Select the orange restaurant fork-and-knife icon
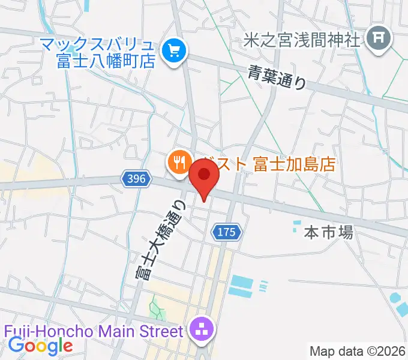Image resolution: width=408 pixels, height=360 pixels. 178,163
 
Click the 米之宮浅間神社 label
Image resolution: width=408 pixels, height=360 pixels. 302,40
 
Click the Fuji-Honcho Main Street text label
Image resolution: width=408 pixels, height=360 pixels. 92,331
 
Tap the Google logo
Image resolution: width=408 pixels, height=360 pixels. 40,346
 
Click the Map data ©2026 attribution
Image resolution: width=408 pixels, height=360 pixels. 357,351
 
